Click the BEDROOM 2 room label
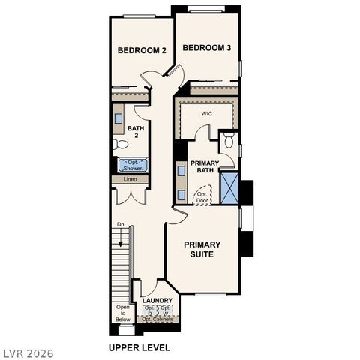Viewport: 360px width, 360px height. click(x=142, y=50)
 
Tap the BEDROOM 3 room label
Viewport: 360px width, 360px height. click(x=206, y=47)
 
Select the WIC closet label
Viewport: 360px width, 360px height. click(x=207, y=113)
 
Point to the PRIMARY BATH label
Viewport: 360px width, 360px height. click(x=204, y=166)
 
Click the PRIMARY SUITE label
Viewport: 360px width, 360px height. click(x=202, y=249)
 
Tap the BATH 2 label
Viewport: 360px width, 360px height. click(x=136, y=133)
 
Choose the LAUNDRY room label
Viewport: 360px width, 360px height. click(x=157, y=301)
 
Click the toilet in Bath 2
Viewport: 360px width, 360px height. click(x=120, y=144)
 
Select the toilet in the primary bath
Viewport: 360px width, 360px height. click(x=229, y=140)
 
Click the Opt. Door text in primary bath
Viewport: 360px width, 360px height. click(x=202, y=197)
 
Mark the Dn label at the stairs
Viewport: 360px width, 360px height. click(x=120, y=225)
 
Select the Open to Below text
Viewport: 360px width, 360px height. click(x=123, y=313)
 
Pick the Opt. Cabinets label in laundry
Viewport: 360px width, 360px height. click(x=157, y=319)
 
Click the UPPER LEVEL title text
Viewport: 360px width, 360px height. click(x=139, y=347)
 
